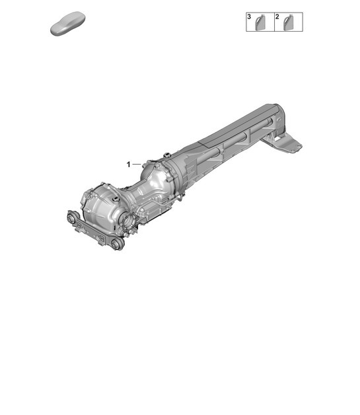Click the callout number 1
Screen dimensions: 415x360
[129, 163]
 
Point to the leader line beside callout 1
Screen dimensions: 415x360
[137, 163]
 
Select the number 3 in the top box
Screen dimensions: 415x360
[250, 16]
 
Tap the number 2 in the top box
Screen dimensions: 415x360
[277, 16]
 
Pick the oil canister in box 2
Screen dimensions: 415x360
[290, 23]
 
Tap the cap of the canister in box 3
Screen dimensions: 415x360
[259, 17]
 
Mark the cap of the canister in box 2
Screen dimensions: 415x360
[287, 17]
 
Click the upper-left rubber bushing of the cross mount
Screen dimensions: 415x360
[71, 218]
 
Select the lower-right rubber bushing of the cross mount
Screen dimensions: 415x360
[116, 245]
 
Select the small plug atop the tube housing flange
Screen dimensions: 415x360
[168, 155]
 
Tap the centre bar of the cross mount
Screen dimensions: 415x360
[92, 231]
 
